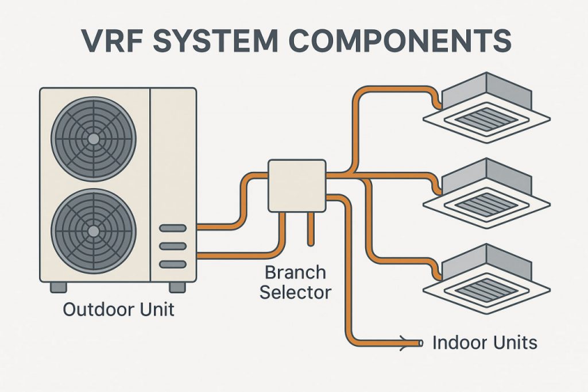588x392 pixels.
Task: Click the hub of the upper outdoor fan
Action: (94, 139)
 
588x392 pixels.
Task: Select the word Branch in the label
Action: (296, 272)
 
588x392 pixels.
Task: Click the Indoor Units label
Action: (485, 343)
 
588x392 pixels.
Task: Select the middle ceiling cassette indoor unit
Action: (487, 190)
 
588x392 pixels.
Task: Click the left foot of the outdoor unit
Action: (58, 287)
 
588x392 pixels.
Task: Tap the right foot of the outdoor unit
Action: (177, 287)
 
